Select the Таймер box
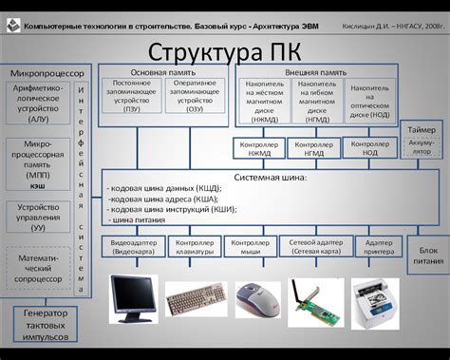422,129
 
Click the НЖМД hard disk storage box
264,100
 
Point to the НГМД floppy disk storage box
316,100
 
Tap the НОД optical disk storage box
369,100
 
